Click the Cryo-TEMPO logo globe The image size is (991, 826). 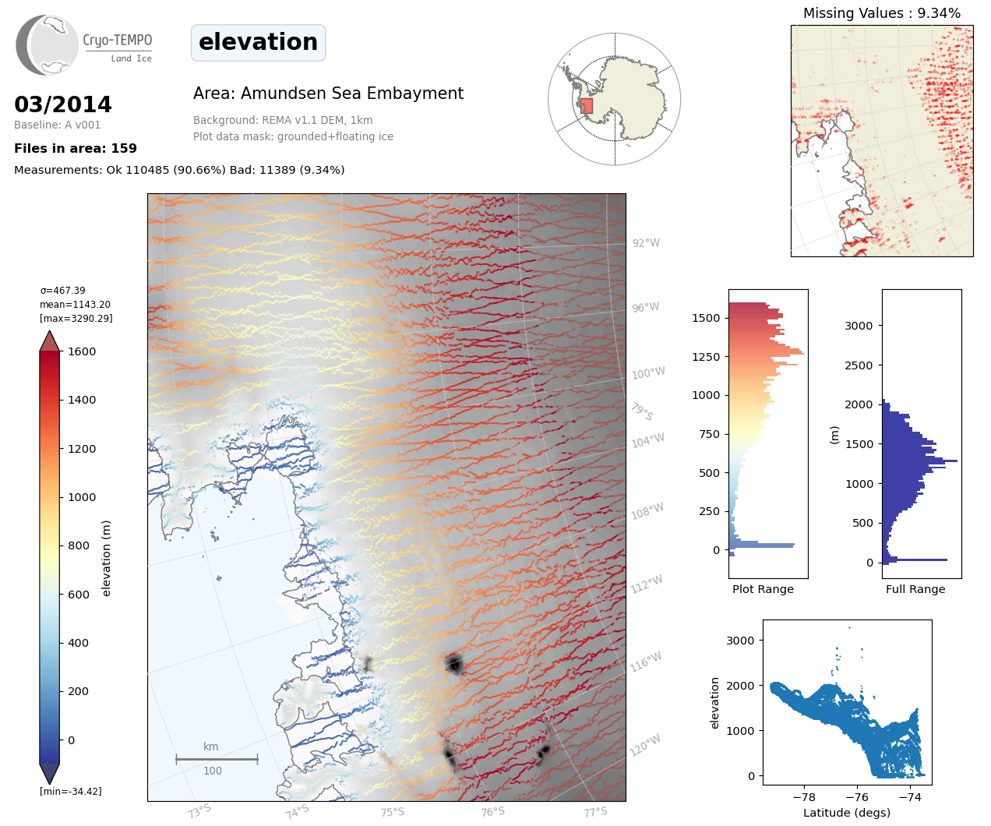[48, 44]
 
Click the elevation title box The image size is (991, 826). [258, 43]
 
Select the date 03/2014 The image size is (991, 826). [63, 104]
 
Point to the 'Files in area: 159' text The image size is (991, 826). [76, 148]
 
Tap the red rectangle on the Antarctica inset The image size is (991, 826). [587, 106]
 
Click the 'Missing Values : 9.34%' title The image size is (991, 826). [881, 13]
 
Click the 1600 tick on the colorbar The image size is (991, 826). [82, 351]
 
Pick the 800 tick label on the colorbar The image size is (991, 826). [79, 545]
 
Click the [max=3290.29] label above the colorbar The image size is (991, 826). [76, 319]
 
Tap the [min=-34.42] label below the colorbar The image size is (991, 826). [71, 792]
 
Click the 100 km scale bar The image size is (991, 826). [217, 759]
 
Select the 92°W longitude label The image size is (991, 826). [646, 243]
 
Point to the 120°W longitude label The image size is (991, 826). [645, 745]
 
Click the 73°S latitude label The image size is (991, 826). [199, 811]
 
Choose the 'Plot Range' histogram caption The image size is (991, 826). [763, 589]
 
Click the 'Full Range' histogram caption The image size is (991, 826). [915, 589]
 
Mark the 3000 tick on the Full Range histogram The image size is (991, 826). [859, 326]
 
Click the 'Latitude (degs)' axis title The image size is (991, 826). [846, 813]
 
